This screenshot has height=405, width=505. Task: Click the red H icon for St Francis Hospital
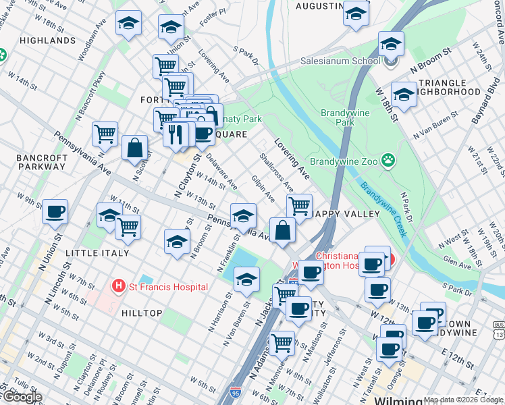pyautogui.click(x=119, y=286)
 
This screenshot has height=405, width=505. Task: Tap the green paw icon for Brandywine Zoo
pyautogui.click(x=388, y=161)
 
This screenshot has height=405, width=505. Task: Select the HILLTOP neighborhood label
pyautogui.click(x=141, y=313)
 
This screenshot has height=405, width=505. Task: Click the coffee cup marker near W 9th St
pyautogui.click(x=55, y=212)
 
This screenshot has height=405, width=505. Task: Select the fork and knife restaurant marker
pyautogui.click(x=175, y=134)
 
